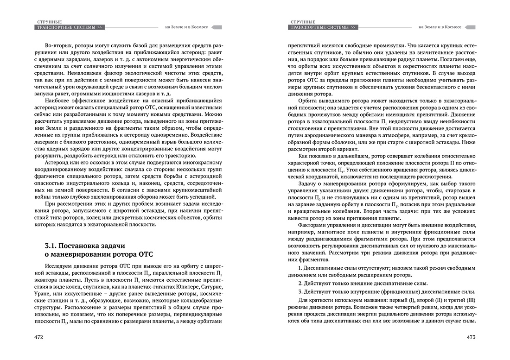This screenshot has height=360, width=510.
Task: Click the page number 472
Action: [x=38, y=338]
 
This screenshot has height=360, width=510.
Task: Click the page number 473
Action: [x=472, y=338]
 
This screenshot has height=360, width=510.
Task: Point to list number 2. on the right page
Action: [x=300, y=283]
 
